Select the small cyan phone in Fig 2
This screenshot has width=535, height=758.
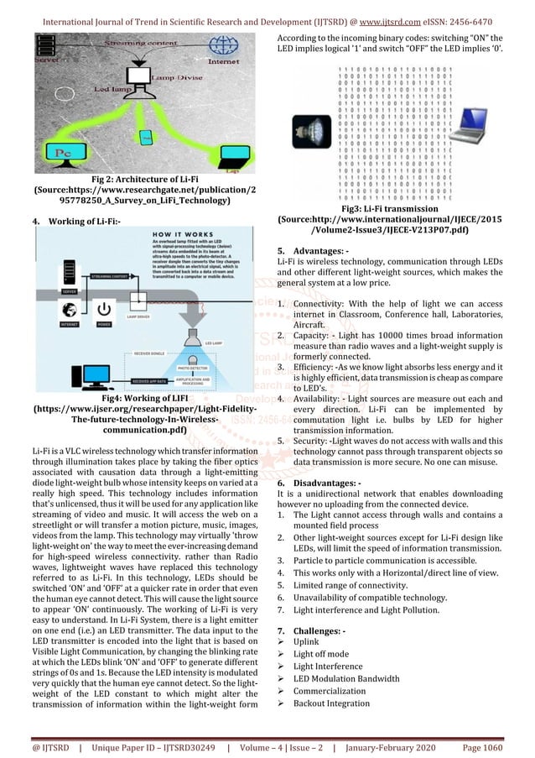point(146,136)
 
